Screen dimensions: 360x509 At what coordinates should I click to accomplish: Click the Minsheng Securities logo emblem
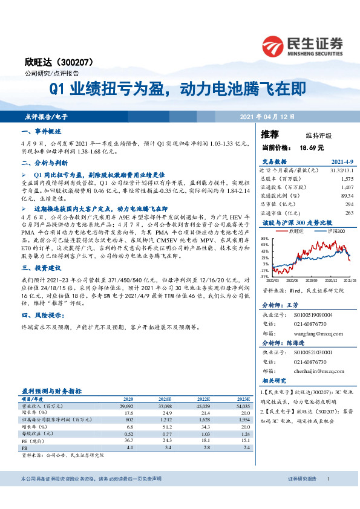point(274,46)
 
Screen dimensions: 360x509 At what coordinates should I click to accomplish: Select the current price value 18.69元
point(312,147)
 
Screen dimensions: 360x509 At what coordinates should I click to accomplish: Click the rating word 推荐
point(270,134)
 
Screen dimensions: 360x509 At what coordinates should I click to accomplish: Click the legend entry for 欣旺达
point(293,230)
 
